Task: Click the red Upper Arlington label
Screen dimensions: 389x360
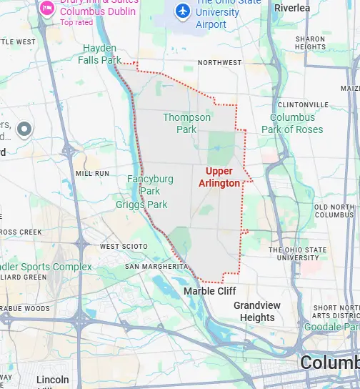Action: tap(223, 177)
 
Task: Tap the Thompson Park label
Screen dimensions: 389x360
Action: tap(186, 123)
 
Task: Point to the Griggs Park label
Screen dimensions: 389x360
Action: tap(141, 205)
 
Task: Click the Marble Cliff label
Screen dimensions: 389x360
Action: tap(209, 291)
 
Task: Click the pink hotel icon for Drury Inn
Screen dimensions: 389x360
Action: tap(46, 9)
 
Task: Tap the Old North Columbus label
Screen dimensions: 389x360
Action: tap(334, 211)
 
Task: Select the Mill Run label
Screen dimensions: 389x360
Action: tap(92, 173)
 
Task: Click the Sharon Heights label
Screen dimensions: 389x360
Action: tap(310, 43)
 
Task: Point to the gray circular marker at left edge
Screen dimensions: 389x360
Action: tap(25, 129)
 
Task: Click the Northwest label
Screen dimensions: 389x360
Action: tap(219, 63)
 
